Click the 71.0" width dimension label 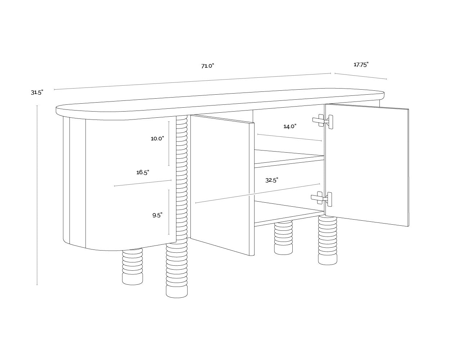208,66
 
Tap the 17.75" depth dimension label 361,65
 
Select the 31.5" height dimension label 37,93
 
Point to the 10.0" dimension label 157,139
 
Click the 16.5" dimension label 143,172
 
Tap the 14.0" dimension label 290,126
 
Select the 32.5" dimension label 272,180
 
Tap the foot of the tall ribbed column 177,292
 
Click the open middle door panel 221,184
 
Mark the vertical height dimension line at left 37,194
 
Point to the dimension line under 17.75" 361,76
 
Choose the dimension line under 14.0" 290,138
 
